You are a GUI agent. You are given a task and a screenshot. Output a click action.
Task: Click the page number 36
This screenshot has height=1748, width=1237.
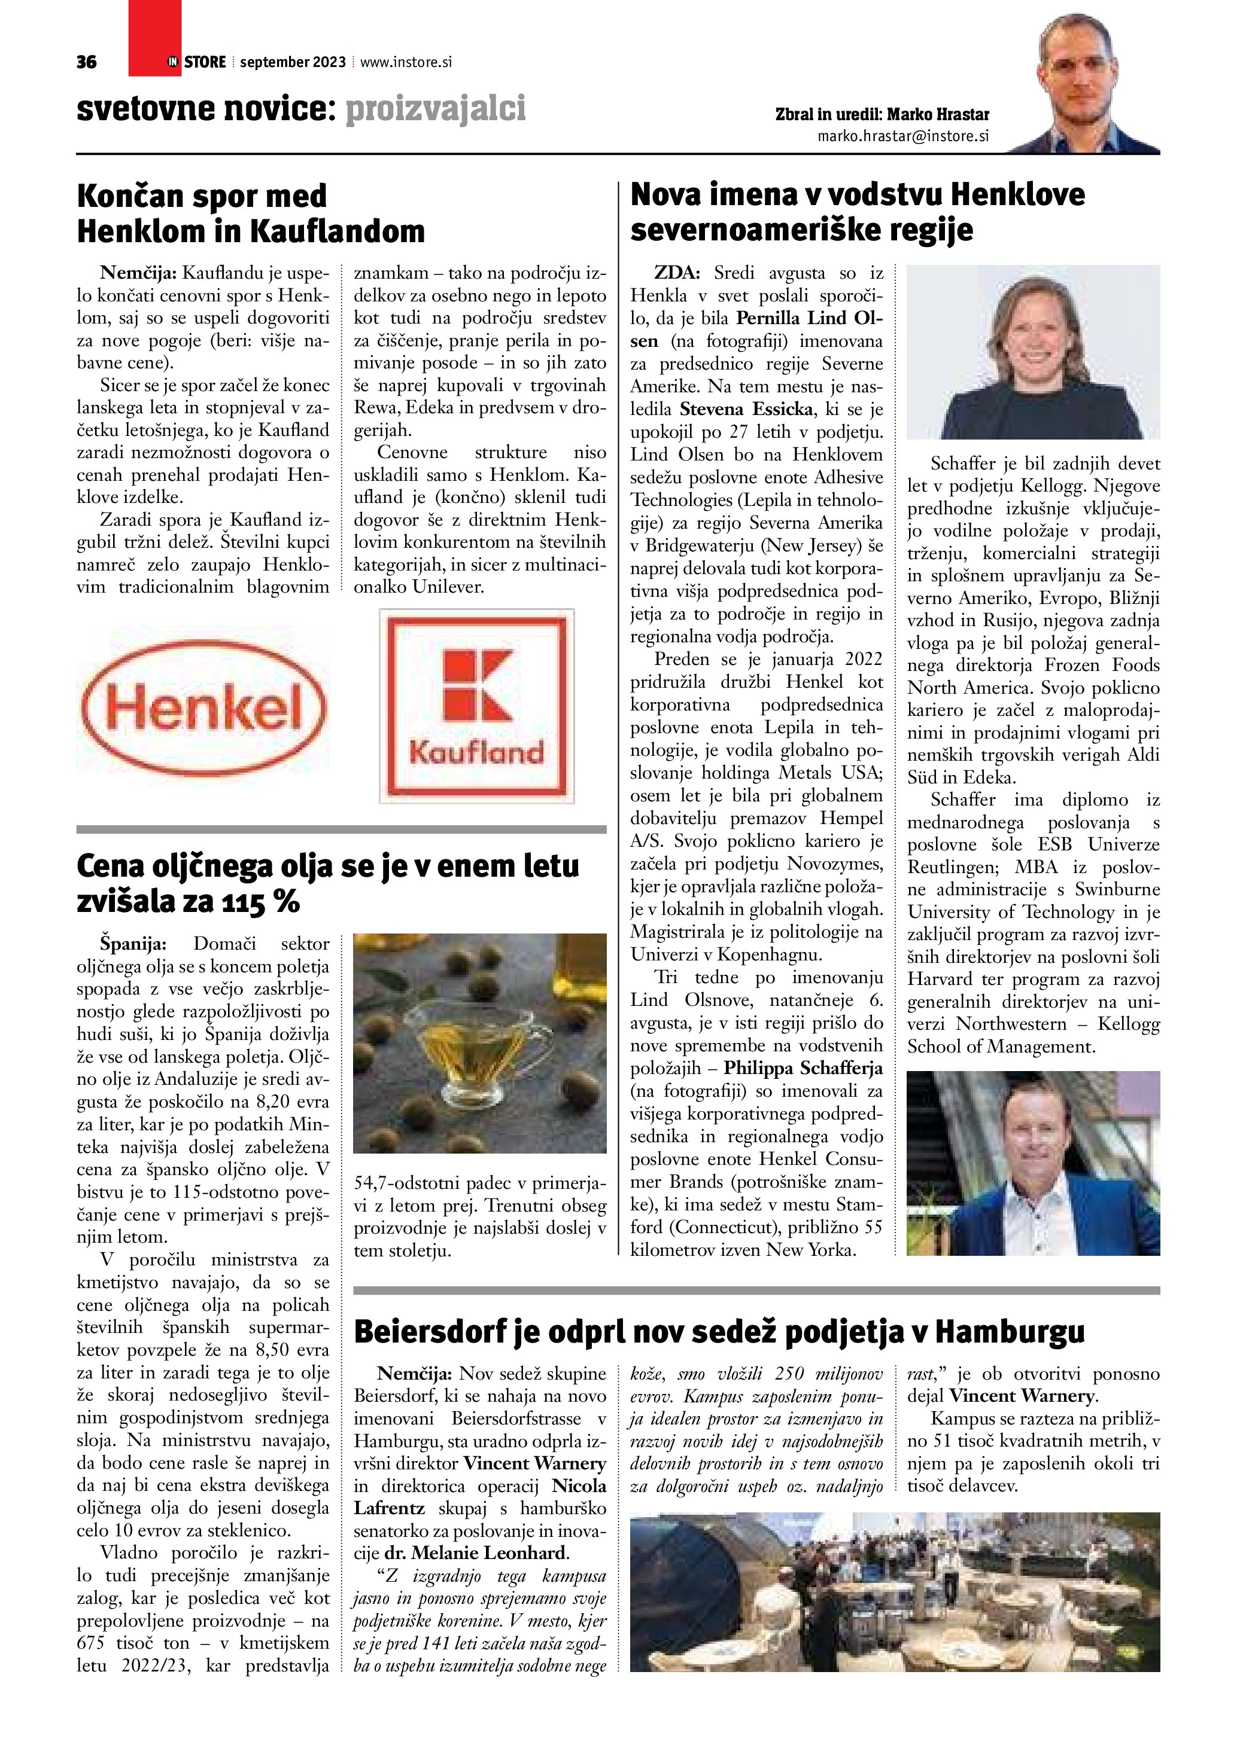click(x=86, y=62)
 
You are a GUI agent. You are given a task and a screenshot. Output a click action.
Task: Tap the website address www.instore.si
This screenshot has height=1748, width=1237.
click(x=406, y=62)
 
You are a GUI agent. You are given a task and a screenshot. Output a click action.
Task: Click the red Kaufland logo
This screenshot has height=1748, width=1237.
click(x=477, y=706)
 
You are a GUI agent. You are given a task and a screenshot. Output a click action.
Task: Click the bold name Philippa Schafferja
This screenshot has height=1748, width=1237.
click(x=803, y=1068)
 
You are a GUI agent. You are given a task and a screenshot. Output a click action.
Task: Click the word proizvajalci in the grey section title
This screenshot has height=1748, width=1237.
click(x=436, y=109)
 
